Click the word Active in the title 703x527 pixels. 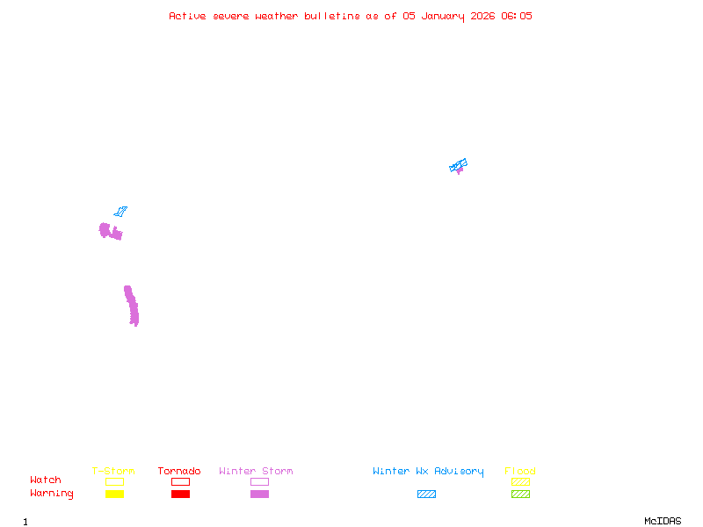(187, 16)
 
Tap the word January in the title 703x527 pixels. (443, 17)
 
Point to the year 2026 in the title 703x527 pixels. (482, 16)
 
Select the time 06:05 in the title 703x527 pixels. (517, 16)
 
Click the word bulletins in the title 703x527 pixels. (332, 16)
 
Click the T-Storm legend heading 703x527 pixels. (113, 471)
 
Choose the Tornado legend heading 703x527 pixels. (179, 471)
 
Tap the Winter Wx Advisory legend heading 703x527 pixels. (428, 472)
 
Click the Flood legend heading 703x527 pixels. (520, 471)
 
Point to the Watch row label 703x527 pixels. (46, 480)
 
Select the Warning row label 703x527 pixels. (52, 494)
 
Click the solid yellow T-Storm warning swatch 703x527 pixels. (115, 494)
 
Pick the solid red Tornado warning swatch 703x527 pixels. (181, 494)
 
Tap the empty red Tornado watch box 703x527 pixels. (181, 481)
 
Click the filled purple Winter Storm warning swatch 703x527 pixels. (259, 494)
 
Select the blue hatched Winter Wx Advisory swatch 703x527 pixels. (426, 494)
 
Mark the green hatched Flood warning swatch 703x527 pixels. (520, 494)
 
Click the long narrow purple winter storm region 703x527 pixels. (131, 305)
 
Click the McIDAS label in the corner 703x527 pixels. (663, 521)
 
